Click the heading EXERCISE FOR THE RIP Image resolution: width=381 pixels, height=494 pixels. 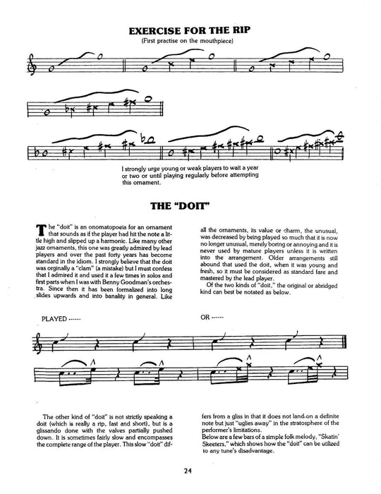click(x=190, y=30)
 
